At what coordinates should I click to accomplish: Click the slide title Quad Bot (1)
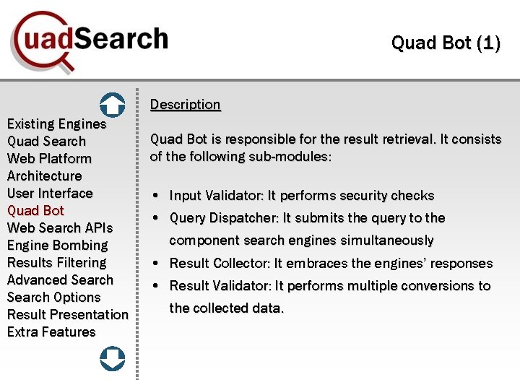pos(445,43)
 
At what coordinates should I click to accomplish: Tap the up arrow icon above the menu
pos(112,105)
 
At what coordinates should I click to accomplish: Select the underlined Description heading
pos(185,105)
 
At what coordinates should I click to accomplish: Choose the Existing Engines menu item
pos(56,124)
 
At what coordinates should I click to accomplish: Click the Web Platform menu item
pos(49,159)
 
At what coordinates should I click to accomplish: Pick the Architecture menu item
pos(44,176)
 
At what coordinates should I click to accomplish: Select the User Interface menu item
pos(50,194)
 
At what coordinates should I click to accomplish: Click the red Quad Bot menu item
pos(35,211)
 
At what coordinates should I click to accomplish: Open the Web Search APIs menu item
pos(60,228)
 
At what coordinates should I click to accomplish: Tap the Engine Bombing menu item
pos(57,246)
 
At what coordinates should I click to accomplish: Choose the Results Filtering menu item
pos(56,263)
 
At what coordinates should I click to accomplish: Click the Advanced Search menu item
pos(60,280)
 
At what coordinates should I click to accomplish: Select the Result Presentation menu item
pos(67,315)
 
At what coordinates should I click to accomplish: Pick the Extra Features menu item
pos(51,332)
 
